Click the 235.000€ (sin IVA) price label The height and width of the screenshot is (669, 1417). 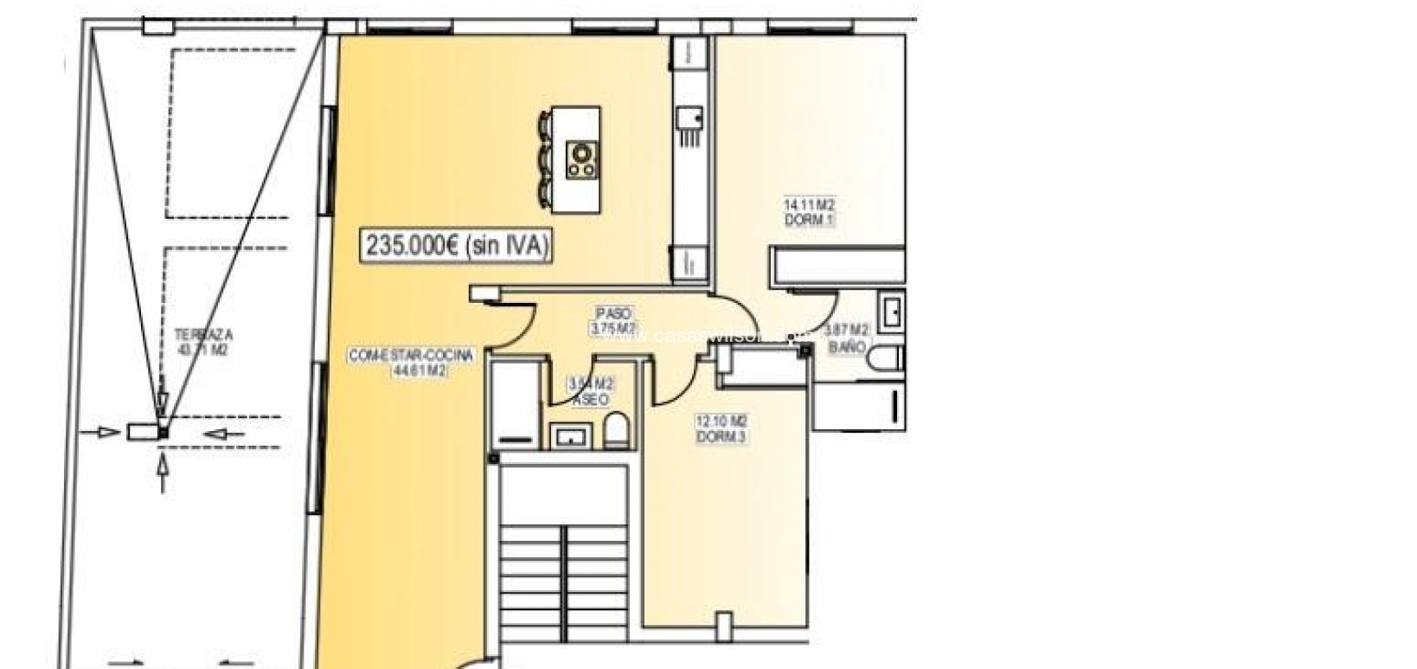coord(456,246)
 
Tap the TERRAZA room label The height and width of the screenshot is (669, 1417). coord(203,334)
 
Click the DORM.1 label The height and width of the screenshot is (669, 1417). coord(810,220)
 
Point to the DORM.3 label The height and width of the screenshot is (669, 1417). coord(721,437)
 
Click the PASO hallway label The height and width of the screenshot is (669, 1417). coord(613,313)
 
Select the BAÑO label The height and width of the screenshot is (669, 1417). coord(847,346)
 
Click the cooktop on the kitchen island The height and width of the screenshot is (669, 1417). coord(582,160)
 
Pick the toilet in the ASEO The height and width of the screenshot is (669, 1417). coord(616,430)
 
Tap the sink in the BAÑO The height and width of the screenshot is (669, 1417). coord(891,311)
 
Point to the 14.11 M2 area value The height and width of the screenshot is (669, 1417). coord(810,205)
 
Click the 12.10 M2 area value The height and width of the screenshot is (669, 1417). coord(721,421)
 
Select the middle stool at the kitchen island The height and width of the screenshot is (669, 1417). coord(546,159)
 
